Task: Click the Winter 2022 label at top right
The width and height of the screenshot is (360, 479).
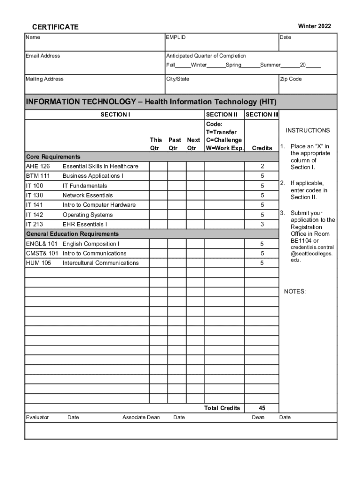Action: [314, 26]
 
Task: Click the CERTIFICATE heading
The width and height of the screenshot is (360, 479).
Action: [55, 27]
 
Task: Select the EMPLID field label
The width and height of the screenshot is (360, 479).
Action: [176, 37]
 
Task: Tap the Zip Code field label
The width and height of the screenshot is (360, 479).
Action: [291, 79]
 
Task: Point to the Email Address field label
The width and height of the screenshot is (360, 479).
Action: [43, 56]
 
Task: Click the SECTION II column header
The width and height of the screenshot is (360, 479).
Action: [222, 114]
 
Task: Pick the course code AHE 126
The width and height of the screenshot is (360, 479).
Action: [38, 166]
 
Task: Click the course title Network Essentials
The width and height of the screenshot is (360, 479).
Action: [87, 195]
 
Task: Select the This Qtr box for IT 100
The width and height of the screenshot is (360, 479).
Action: [158, 186]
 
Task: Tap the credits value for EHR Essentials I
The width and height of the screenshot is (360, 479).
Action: [262, 224]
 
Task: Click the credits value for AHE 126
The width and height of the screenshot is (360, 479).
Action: [262, 166]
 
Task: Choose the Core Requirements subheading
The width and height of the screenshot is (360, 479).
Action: [53, 157]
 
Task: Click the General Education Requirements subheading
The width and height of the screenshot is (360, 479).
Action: [72, 233]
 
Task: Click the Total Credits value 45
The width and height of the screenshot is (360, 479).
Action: [262, 408]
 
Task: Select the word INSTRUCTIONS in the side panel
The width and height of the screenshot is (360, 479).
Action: [308, 131]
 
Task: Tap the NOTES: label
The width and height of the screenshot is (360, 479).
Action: [295, 292]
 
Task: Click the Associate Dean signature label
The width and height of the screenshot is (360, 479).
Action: [141, 417]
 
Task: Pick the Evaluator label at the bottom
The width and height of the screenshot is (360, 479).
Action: [37, 417]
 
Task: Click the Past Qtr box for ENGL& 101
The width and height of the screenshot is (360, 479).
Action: [177, 244]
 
